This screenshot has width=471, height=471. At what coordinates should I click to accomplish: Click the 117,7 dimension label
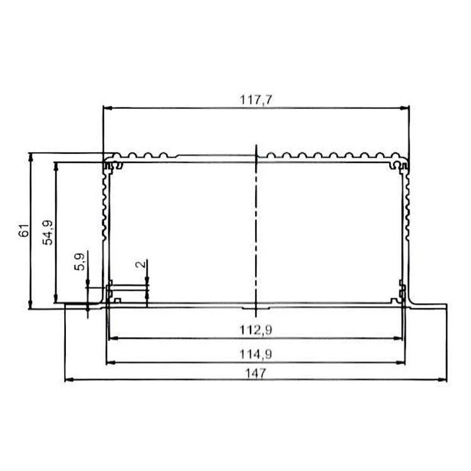[x=256, y=100]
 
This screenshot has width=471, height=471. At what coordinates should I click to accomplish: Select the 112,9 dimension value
[x=256, y=330]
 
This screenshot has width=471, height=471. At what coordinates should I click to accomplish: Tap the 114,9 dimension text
[x=256, y=354]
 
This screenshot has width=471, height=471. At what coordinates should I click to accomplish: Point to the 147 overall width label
[x=256, y=374]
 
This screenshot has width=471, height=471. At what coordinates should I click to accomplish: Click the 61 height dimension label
[x=24, y=230]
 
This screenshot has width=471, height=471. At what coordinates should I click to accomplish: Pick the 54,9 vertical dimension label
[x=48, y=232]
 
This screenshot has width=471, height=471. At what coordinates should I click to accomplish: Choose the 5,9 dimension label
[x=80, y=262]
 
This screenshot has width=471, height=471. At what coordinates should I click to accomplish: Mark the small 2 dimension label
[x=140, y=264]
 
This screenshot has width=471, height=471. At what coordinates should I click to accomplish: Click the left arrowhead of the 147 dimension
[x=69, y=380]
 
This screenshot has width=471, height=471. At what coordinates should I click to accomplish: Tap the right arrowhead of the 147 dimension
[x=443, y=380]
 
